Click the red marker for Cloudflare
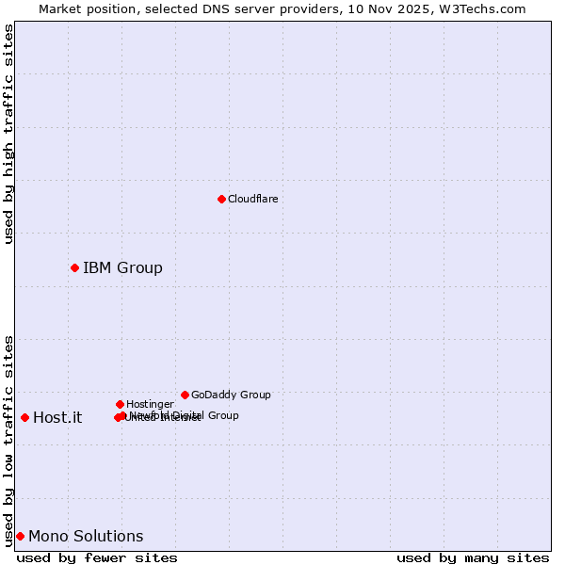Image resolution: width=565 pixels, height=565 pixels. [221, 199]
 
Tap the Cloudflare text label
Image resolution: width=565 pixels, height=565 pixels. [253, 199]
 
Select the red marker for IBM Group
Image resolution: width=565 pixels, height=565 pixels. [74, 268]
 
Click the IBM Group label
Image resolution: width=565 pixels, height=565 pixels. [122, 268]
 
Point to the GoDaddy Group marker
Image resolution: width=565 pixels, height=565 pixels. [185, 395]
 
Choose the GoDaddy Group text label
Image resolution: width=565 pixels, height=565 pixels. [231, 395]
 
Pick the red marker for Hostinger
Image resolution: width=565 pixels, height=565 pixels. [120, 404]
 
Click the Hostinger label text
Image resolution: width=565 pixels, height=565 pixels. [150, 404]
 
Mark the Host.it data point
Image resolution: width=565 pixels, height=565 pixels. [24, 417]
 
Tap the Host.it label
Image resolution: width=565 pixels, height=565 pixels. [57, 418]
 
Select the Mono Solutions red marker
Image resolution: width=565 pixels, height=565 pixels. [20, 536]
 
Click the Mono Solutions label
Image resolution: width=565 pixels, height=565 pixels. [86, 537]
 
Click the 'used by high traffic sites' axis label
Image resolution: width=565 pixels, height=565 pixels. [8, 134]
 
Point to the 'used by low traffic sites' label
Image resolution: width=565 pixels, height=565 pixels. [8, 441]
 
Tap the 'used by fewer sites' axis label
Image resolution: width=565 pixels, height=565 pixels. [97, 557]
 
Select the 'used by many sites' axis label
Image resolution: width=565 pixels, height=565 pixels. [473, 557]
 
